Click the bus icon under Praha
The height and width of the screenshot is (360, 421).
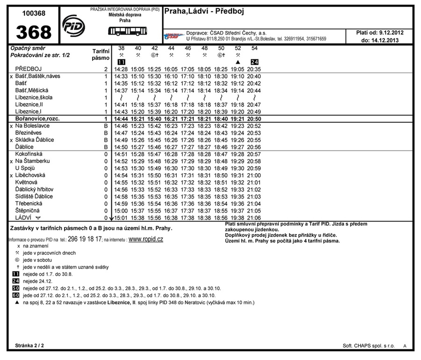(127, 31)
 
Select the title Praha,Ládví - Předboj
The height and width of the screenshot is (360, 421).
(204, 11)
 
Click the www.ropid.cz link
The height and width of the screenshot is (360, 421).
(145, 239)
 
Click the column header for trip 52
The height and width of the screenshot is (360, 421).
(238, 48)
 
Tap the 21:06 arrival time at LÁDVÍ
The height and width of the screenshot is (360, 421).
(254, 218)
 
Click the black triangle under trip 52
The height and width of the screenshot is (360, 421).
(238, 62)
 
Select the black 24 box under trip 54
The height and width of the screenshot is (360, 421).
(254, 62)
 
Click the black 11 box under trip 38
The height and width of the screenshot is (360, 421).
(121, 62)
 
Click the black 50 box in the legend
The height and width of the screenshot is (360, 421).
(15, 288)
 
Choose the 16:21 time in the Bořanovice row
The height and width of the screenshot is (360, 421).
(171, 119)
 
